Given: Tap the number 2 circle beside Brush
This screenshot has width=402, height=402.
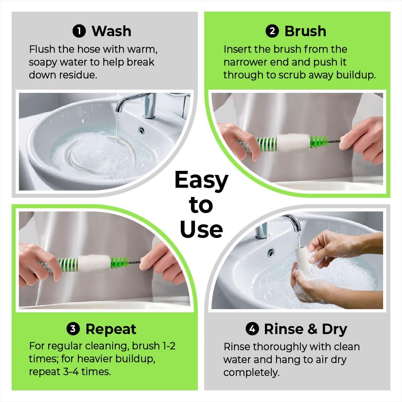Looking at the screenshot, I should click(273, 31).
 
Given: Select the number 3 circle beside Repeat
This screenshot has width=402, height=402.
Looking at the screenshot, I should click(73, 329).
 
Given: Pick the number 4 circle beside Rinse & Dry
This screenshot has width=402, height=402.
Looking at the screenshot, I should click(252, 329).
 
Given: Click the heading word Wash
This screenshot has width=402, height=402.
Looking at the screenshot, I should click(111, 31).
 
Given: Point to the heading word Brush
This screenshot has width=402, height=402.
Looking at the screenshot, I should click(305, 31).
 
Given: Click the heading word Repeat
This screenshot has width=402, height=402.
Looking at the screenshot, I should click(111, 329).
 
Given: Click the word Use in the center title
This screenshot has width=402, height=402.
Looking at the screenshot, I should click(201, 229).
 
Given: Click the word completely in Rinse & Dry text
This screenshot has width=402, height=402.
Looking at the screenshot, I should click(250, 372).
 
